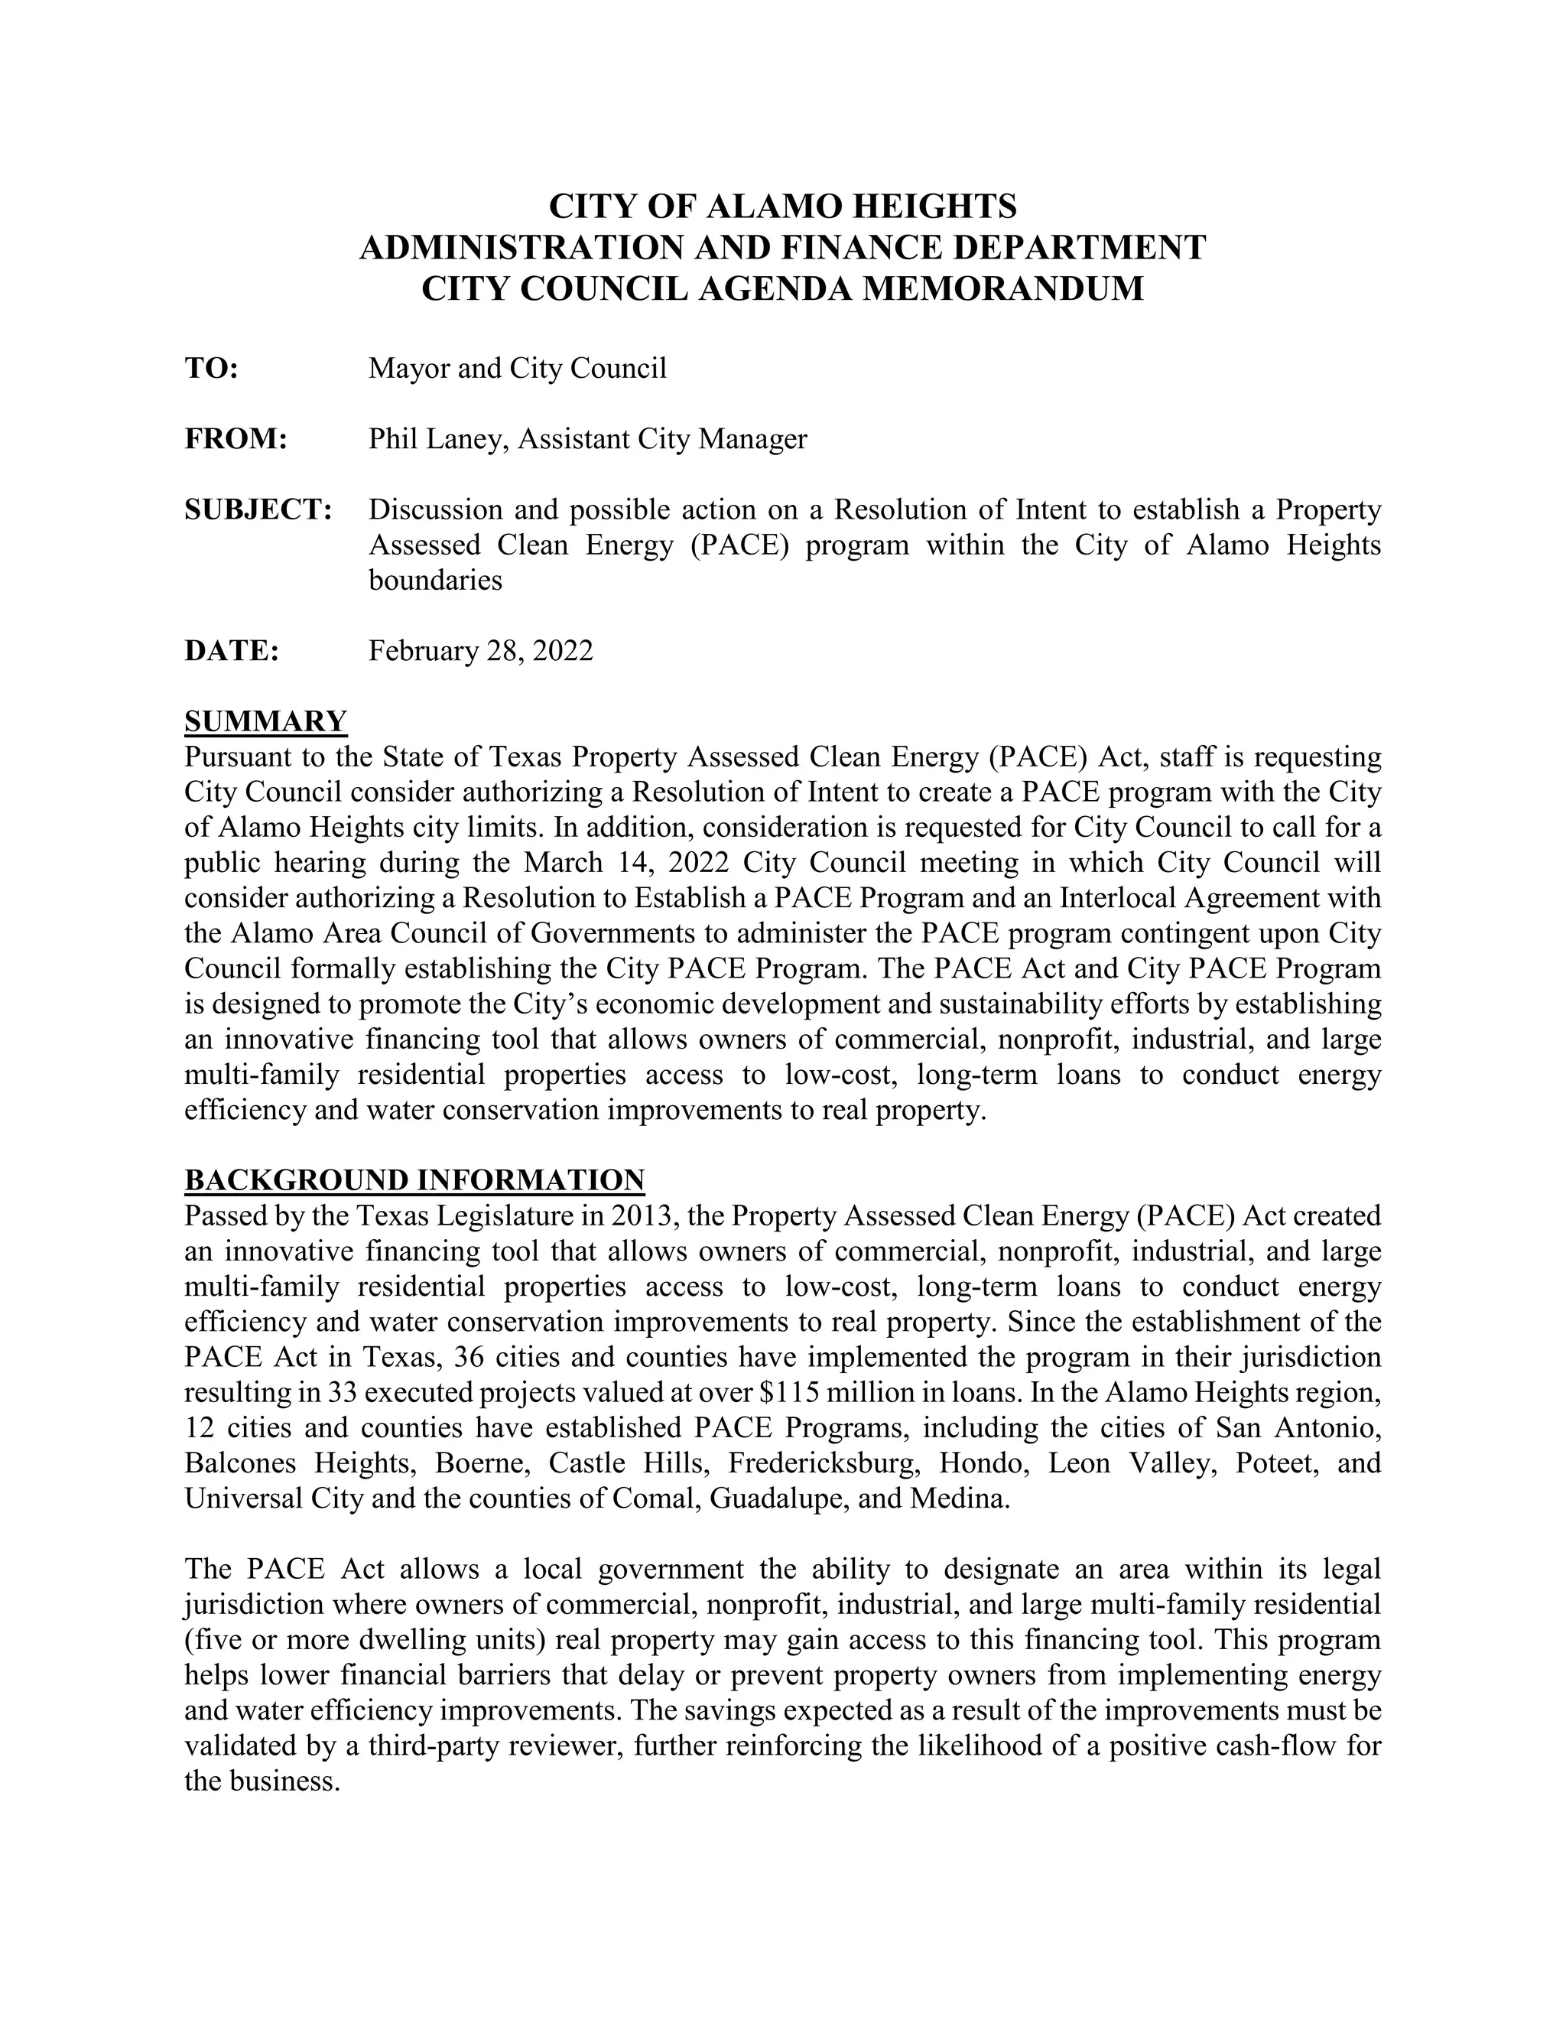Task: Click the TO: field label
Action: tap(212, 369)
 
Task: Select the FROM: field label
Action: tap(236, 439)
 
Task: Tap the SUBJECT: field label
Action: tap(258, 509)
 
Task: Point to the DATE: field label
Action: tap(232, 651)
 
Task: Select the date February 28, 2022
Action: tap(480, 651)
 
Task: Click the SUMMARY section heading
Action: tap(265, 721)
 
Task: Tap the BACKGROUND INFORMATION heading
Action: tap(414, 1179)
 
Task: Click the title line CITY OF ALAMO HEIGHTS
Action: tap(782, 205)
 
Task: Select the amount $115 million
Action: tap(830, 1392)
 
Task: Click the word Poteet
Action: tap(1275, 1462)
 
